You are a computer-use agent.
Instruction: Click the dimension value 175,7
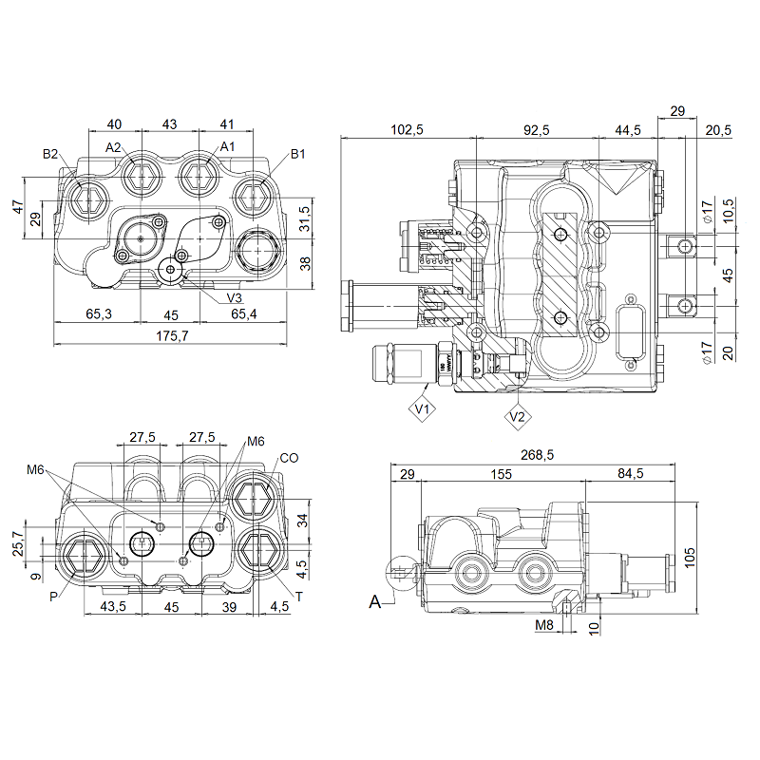pyautogui.click(x=172, y=335)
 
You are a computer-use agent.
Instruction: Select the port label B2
pyautogui.click(x=51, y=154)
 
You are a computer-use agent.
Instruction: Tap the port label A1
pyautogui.click(x=227, y=146)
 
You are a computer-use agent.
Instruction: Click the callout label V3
pyautogui.click(x=235, y=298)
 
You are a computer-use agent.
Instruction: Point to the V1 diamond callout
pyautogui.click(x=423, y=409)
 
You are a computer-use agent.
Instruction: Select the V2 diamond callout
pyautogui.click(x=518, y=415)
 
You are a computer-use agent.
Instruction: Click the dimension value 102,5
pyautogui.click(x=407, y=130)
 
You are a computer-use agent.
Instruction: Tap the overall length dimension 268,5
pyautogui.click(x=537, y=456)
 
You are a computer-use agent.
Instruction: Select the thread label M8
pyautogui.click(x=543, y=625)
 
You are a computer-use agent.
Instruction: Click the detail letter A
pyautogui.click(x=376, y=601)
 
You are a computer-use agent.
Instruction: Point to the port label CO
pyautogui.click(x=290, y=458)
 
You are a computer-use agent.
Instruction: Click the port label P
pyautogui.click(x=54, y=597)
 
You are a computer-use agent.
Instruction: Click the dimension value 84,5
pyautogui.click(x=630, y=473)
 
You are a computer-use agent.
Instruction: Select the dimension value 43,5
pyautogui.click(x=113, y=606)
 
